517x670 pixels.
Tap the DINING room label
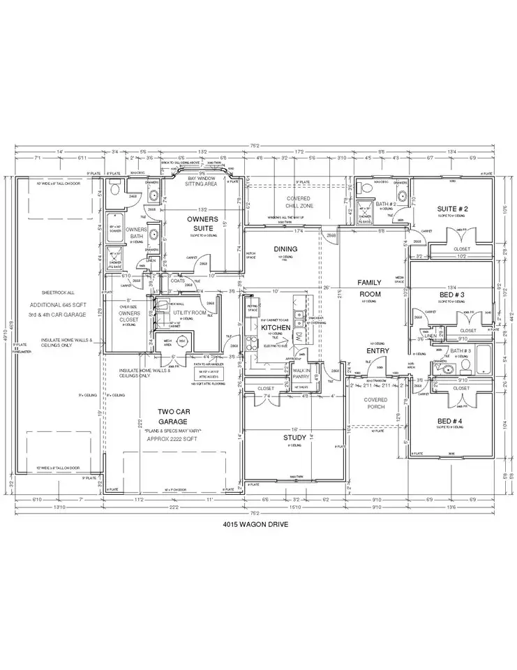285,249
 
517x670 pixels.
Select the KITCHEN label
276,327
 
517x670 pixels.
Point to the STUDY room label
294,438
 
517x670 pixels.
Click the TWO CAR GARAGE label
173,417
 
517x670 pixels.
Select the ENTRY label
376,350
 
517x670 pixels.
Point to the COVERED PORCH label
375,404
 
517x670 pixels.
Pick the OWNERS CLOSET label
129,317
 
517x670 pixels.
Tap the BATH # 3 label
460,351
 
